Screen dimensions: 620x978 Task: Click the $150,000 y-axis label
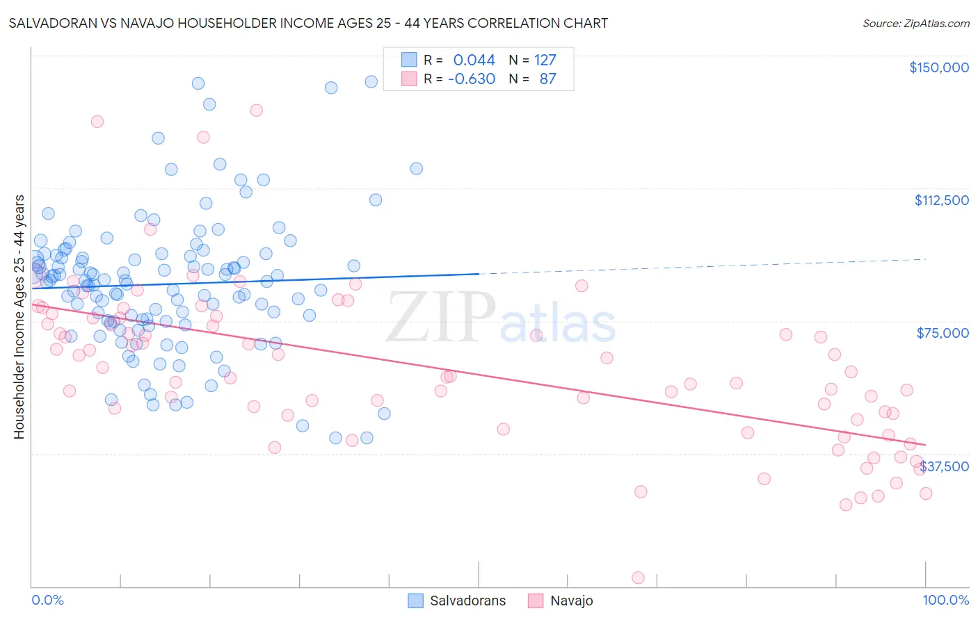pyautogui.click(x=938, y=67)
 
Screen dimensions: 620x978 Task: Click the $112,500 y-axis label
pyautogui.click(x=941, y=200)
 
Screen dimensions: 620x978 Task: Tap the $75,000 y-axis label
pyautogui.click(x=943, y=333)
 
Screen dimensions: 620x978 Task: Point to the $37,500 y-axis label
pyautogui.click(x=945, y=466)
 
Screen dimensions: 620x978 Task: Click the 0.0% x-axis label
pyautogui.click(x=47, y=600)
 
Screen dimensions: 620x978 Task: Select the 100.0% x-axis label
pyautogui.click(x=945, y=600)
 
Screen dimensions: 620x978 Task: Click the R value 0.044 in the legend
pyautogui.click(x=474, y=60)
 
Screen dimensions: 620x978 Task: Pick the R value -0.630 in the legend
pyautogui.click(x=471, y=79)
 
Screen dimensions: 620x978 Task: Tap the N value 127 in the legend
pyautogui.click(x=545, y=60)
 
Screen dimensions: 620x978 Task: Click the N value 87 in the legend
pyautogui.click(x=547, y=79)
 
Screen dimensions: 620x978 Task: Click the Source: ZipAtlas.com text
pyautogui.click(x=915, y=23)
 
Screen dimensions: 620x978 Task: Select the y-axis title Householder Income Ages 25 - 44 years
pyautogui.click(x=19, y=316)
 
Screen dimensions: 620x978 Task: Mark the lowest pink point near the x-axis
pyautogui.click(x=638, y=578)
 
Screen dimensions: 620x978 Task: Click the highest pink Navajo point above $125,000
pyautogui.click(x=256, y=110)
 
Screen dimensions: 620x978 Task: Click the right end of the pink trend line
pyautogui.click(x=925, y=444)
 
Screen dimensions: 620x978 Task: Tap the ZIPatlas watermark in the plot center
pyautogui.click(x=501, y=318)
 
